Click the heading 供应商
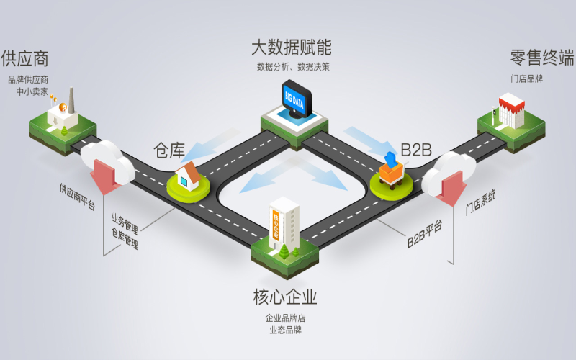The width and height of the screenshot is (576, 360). [x=24, y=59]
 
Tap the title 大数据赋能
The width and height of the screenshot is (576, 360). [x=292, y=48]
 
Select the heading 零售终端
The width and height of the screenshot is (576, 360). [x=542, y=58]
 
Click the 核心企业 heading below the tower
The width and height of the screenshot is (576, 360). [x=284, y=297]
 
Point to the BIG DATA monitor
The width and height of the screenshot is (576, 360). [x=297, y=99]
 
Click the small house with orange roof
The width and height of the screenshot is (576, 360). [x=188, y=176]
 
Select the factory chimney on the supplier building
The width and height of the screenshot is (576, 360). [x=71, y=100]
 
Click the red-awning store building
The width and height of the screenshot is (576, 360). [x=511, y=111]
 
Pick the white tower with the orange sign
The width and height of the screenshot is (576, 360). [x=284, y=224]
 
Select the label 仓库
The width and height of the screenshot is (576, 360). [x=169, y=150]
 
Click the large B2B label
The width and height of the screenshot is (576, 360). [x=416, y=150]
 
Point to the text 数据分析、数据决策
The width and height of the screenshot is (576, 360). [x=293, y=67]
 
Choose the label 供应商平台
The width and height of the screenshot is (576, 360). [x=78, y=197]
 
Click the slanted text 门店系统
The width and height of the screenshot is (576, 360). [x=480, y=202]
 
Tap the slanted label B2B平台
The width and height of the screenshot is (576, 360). [x=425, y=235]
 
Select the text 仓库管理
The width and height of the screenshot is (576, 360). [x=125, y=238]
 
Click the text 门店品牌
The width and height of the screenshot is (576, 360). [x=526, y=78]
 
